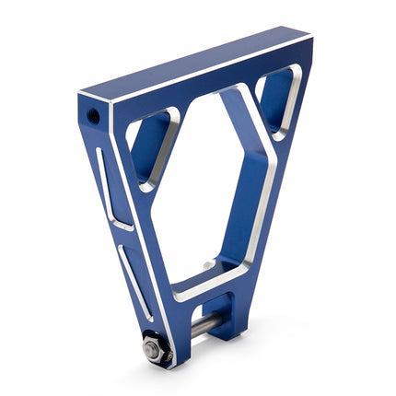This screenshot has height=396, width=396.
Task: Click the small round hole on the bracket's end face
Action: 93,116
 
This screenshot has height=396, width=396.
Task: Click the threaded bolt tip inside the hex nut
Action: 149,349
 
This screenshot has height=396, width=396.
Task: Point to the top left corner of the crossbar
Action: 81,95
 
